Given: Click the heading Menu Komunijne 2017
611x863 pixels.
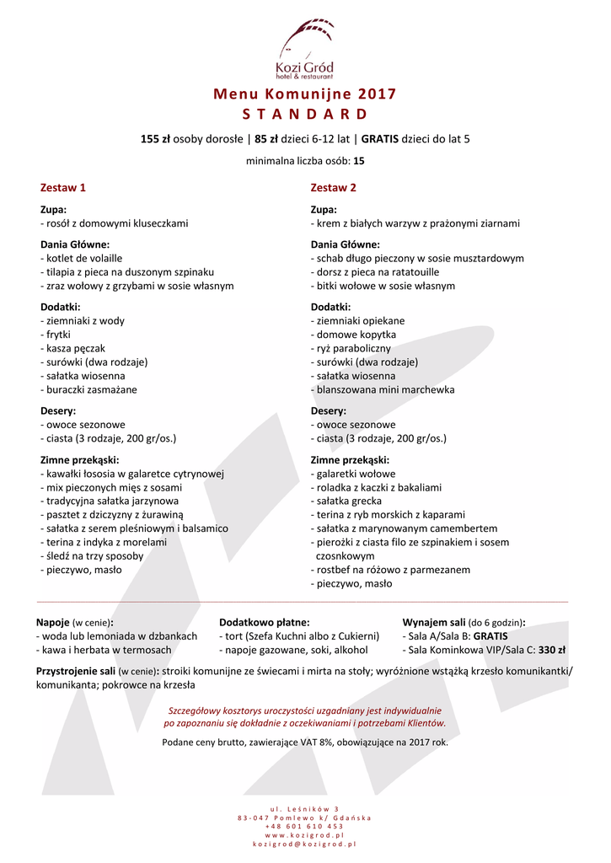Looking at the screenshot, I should pyautogui.click(x=305, y=94).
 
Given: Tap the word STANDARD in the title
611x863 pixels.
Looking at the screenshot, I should pyautogui.click(x=305, y=114).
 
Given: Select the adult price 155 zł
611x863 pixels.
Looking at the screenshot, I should pyautogui.click(x=156, y=139).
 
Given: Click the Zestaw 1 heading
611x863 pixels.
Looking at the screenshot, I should pyautogui.click(x=63, y=187).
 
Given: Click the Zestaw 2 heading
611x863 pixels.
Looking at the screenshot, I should pyautogui.click(x=334, y=187).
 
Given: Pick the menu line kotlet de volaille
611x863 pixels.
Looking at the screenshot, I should pyautogui.click(x=82, y=258).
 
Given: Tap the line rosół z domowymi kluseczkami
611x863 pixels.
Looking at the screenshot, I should pyautogui.click(x=115, y=223).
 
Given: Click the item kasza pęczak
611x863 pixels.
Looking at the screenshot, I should pyautogui.click(x=73, y=348).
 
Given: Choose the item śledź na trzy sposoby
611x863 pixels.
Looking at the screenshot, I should pyautogui.click(x=92, y=555).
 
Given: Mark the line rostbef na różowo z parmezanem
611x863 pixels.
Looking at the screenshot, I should pyautogui.click(x=391, y=570).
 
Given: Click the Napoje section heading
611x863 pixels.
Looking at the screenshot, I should pyautogui.click(x=53, y=622).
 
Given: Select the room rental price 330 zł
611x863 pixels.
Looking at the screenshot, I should pyautogui.click(x=552, y=650).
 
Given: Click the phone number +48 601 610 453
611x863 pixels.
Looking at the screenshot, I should pyautogui.click(x=305, y=826).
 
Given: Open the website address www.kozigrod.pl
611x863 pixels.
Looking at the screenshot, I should pyautogui.click(x=305, y=834).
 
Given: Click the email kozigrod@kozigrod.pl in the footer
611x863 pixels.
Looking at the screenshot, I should pyautogui.click(x=305, y=843).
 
